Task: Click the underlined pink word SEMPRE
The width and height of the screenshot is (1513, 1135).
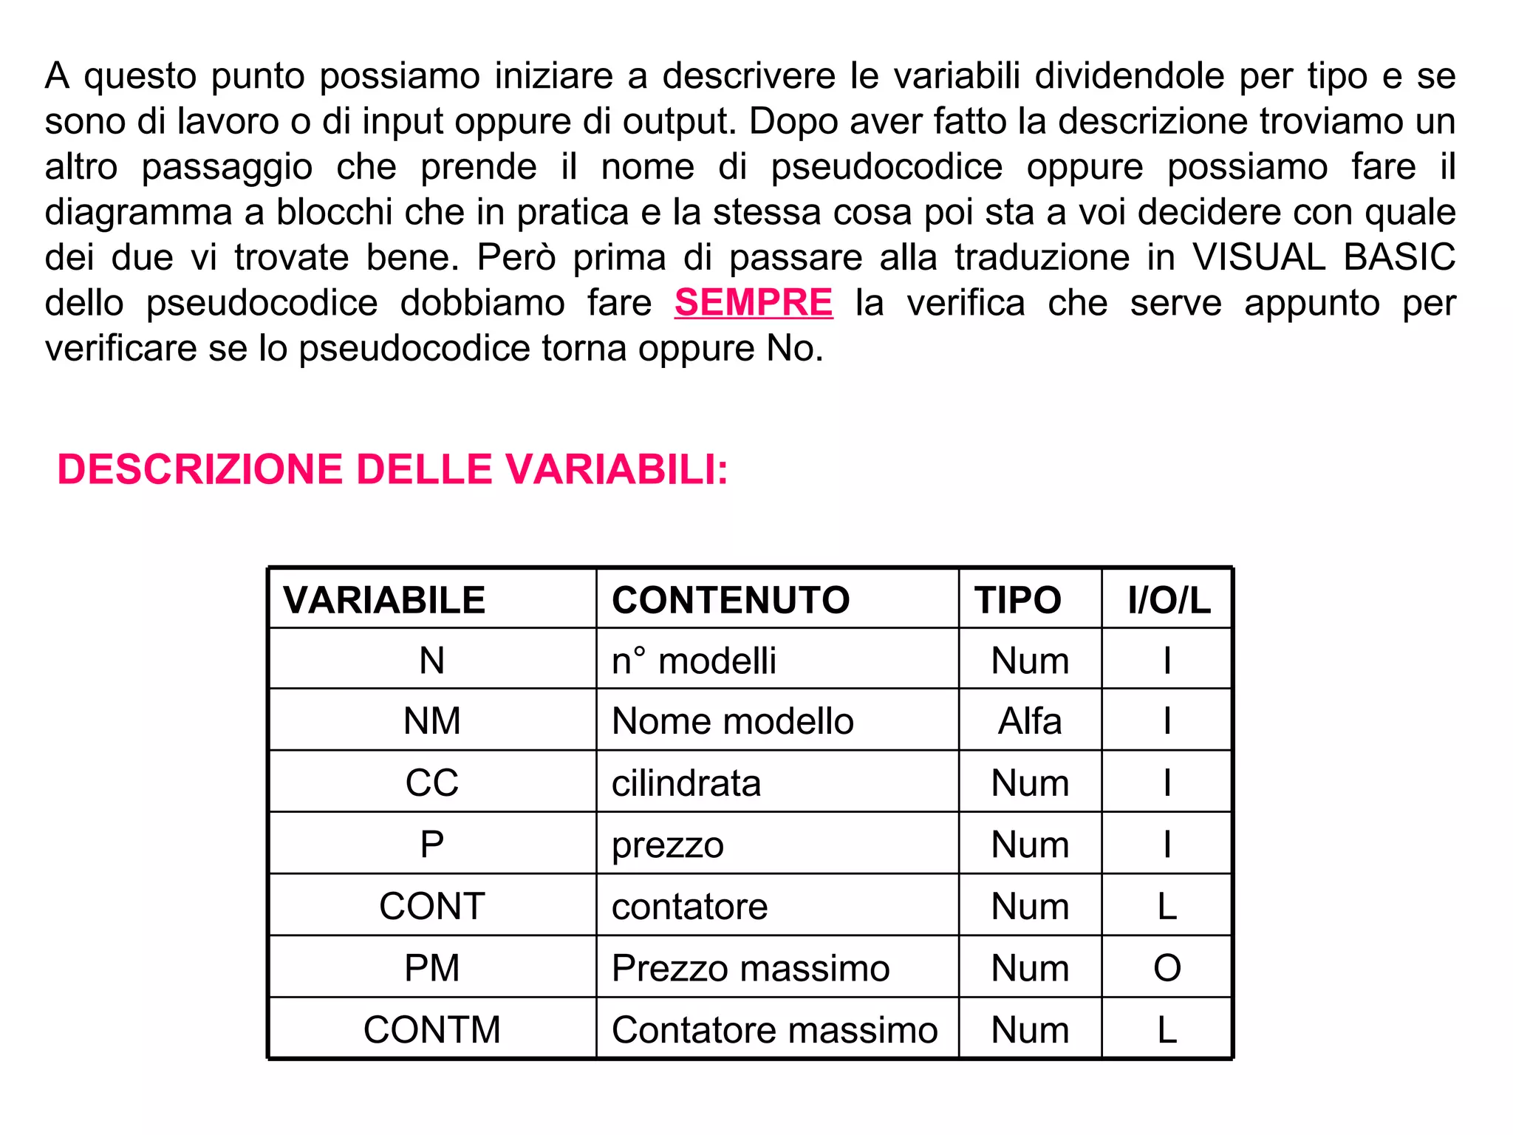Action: [x=753, y=303]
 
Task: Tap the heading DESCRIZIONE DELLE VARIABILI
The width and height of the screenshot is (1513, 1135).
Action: [x=392, y=469]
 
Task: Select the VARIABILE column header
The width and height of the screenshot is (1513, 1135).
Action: [x=384, y=599]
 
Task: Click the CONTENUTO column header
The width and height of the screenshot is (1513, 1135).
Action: [x=731, y=599]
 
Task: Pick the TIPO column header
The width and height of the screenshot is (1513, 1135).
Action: [x=1017, y=599]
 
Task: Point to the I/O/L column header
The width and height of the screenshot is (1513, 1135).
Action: [x=1169, y=599]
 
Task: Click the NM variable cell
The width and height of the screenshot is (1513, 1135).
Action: [x=432, y=720]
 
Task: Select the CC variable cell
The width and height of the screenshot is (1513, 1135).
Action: [x=432, y=783]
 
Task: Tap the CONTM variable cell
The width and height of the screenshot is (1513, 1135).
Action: [x=432, y=1029]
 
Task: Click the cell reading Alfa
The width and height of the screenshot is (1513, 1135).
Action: [x=1030, y=720]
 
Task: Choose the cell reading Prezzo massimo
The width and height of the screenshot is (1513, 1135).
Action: [x=751, y=968]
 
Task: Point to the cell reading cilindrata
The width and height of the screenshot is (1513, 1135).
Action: [x=686, y=783]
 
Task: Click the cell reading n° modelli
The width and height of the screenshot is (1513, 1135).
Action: [x=694, y=660]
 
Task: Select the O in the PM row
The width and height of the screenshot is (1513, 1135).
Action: [x=1167, y=968]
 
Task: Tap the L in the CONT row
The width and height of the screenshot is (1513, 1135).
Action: [x=1167, y=906]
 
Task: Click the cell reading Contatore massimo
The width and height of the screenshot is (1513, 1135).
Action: [x=774, y=1029]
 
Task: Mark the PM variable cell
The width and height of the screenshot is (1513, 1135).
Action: [x=432, y=968]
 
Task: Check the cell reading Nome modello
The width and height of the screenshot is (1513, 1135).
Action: [x=732, y=720]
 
